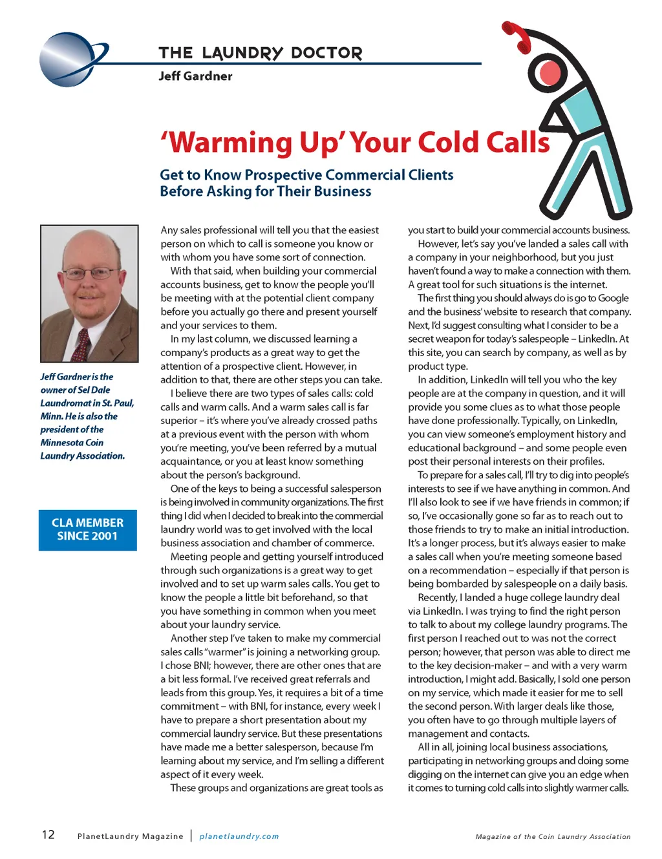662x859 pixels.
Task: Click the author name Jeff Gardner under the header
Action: (195, 76)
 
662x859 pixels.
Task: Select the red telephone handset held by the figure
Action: (517, 36)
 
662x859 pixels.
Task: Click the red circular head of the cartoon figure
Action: (550, 74)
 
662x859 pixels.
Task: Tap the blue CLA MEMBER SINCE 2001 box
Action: (88, 529)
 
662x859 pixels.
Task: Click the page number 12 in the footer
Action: (48, 834)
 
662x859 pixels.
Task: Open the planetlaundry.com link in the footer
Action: (239, 836)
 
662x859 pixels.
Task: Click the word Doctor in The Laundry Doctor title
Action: (326, 53)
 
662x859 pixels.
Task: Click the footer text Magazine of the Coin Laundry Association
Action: (553, 836)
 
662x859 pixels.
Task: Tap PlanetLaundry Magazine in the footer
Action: (130, 836)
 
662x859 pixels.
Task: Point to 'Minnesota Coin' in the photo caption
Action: (72, 443)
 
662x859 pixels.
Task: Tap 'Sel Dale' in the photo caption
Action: (94, 390)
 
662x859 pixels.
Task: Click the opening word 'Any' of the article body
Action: (169, 230)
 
